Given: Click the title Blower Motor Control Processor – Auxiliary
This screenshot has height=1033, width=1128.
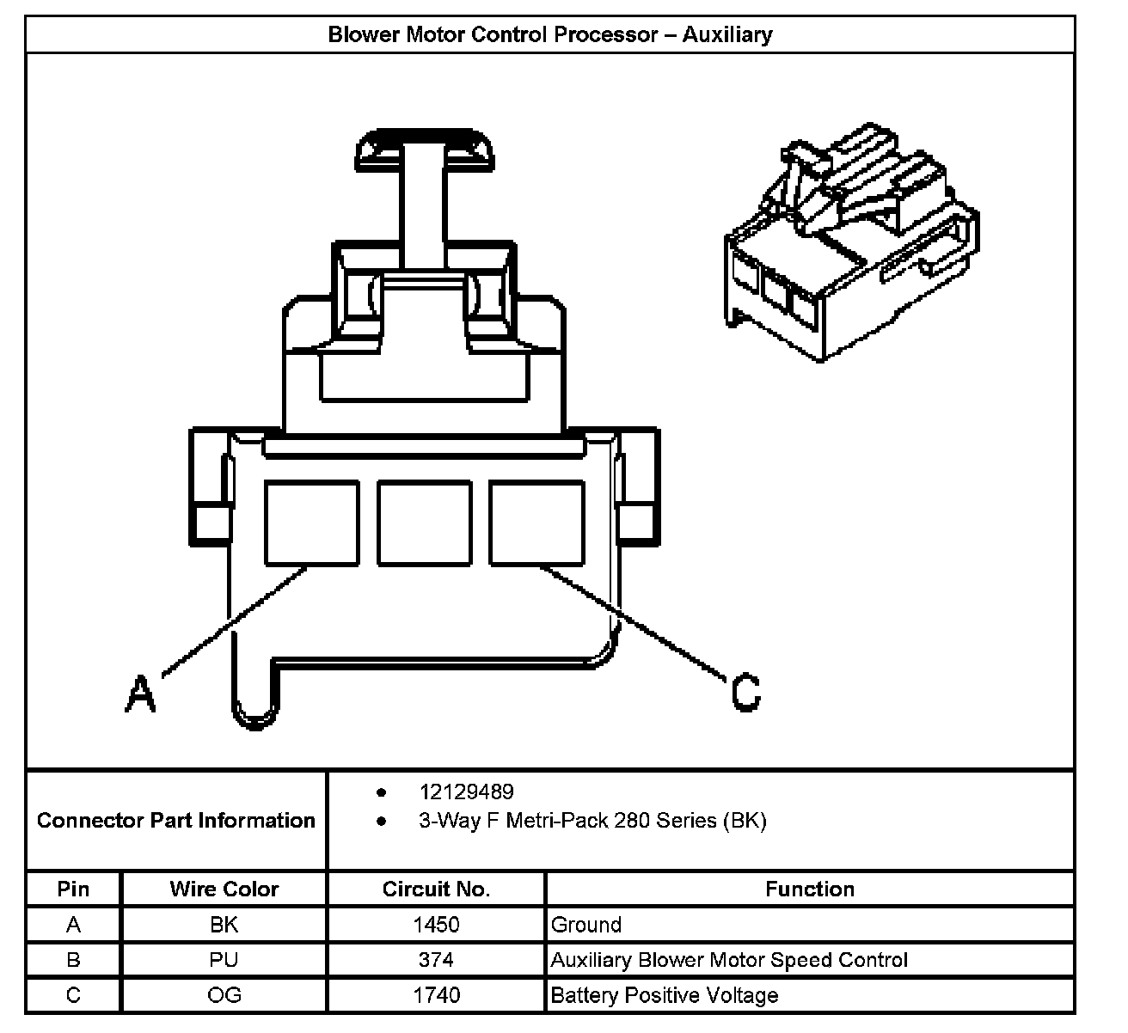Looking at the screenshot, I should click(x=550, y=35).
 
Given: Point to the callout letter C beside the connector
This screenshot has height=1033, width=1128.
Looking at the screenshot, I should click(x=745, y=692).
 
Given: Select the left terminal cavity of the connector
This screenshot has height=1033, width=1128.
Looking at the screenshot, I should click(x=311, y=523).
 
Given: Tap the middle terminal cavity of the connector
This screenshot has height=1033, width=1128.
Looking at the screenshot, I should click(x=425, y=523).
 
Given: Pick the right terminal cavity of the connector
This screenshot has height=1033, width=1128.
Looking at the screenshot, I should click(x=537, y=523).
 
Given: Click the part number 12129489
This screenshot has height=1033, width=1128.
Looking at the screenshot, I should click(x=466, y=792).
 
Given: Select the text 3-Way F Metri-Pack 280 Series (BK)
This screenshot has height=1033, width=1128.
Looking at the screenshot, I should click(x=592, y=821).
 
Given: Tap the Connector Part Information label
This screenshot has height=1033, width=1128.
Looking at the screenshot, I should click(x=176, y=821).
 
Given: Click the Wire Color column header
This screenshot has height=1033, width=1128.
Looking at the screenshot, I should click(x=224, y=889).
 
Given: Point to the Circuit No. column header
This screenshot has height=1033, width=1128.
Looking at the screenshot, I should click(x=436, y=889).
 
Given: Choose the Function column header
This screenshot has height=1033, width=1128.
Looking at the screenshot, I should click(x=810, y=889).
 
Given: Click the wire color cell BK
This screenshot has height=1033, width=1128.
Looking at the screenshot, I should click(x=224, y=925).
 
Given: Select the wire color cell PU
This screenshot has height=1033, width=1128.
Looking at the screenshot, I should click(x=224, y=960).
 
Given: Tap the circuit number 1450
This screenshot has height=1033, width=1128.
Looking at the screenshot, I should click(x=436, y=925).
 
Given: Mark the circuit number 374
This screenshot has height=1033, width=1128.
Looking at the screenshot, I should click(x=436, y=960).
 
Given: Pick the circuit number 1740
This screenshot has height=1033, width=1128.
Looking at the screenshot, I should click(x=436, y=995).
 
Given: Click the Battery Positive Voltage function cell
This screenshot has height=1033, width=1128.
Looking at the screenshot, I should click(x=665, y=995).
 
